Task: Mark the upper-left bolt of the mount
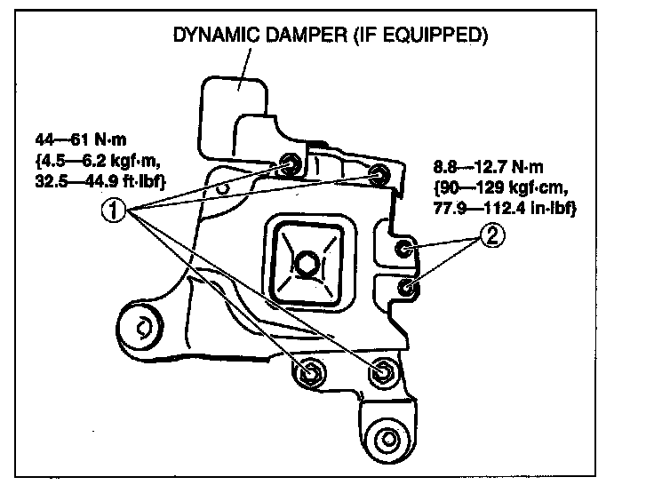pos(290,163)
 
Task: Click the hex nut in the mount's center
pos(305,263)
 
